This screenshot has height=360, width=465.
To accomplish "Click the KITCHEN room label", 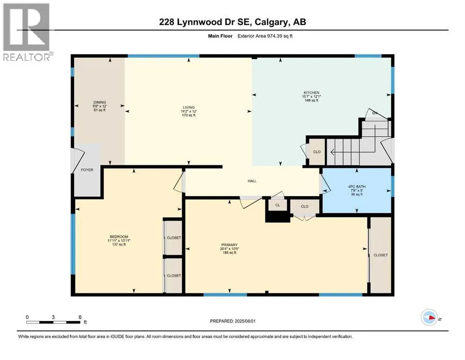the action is pos(311,93).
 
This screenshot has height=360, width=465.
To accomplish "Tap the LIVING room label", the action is pos(189,107).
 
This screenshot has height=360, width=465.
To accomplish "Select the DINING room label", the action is pos(99,102).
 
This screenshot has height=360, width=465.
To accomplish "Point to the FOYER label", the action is pos(87,170).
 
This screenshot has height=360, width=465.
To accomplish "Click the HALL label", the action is pos(252,181).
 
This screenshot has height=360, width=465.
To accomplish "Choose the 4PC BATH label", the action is pos(357,187).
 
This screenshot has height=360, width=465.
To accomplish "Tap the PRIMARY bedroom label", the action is pos(229,245).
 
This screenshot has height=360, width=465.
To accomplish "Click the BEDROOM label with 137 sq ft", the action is pos(118,237).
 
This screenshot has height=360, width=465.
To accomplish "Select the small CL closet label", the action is pos(278,205).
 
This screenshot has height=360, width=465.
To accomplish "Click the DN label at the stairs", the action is pos(375,113).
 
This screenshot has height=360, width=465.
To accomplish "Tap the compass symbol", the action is pos(429,317).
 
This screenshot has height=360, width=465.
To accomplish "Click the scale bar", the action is pos(53,322).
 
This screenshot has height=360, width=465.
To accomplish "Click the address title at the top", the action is pos(232,22).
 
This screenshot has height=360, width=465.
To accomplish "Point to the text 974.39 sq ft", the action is pos(280,36).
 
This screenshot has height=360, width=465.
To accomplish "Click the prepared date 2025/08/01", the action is pos(244,321).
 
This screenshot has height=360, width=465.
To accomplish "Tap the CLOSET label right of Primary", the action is pos(381,255).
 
